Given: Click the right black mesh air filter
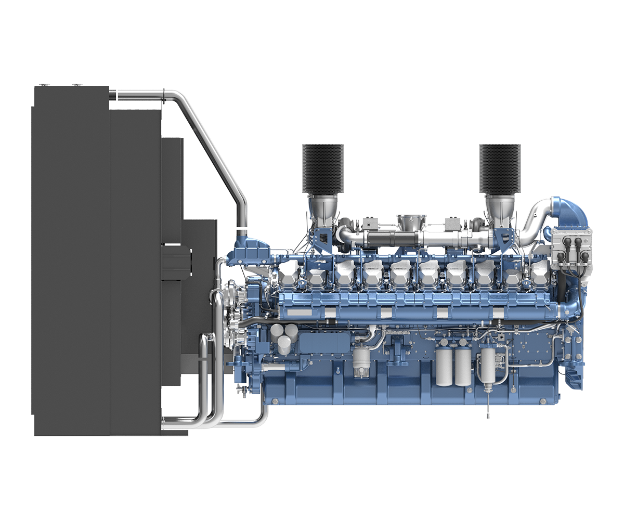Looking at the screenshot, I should click(x=499, y=167).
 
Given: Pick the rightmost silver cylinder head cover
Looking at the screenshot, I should click(x=538, y=273).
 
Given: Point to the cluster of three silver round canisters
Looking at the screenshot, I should click(x=281, y=337).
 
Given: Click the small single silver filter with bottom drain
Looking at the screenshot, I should click(x=360, y=362).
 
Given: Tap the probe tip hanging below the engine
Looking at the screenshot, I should click(x=488, y=415).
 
